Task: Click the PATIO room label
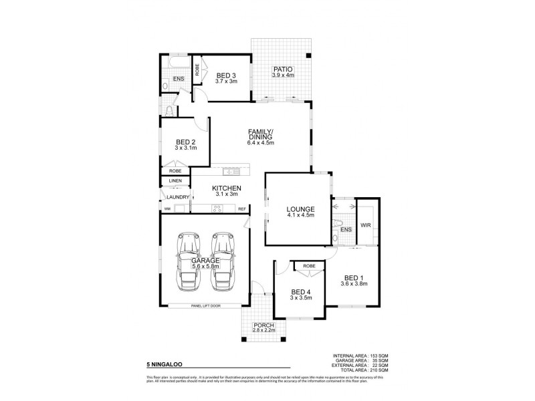tap(282, 69)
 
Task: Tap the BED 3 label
tap(226, 76)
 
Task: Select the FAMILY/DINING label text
tap(260, 133)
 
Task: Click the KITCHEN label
tap(227, 188)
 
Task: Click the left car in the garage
tap(188, 267)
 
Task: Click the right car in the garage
tap(221, 267)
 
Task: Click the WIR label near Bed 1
tap(365, 226)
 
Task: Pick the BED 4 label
tap(301, 292)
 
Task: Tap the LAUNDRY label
tap(177, 197)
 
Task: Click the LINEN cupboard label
tap(175, 180)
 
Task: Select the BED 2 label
tap(185, 142)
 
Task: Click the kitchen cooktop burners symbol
tap(217, 209)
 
